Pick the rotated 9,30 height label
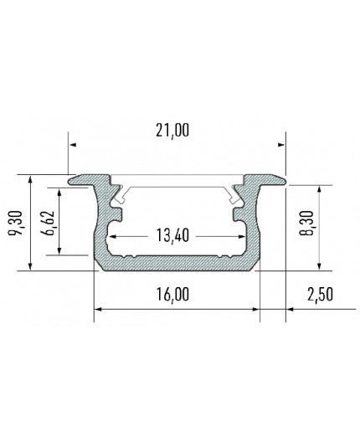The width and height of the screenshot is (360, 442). pyautogui.click(x=14, y=224)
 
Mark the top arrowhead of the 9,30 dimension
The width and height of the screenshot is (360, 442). pyautogui.click(x=30, y=179)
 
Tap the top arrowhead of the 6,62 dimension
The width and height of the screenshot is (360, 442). pyautogui.click(x=60, y=192)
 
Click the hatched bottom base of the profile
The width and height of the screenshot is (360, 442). pyautogui.click(x=176, y=264)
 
